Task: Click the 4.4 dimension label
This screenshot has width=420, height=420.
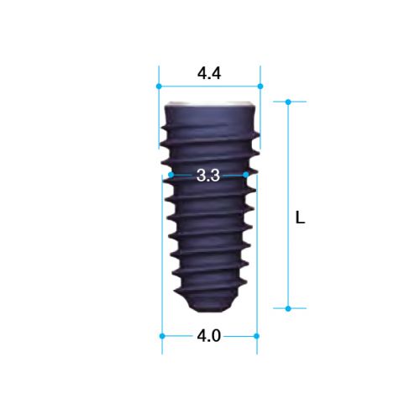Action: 209,73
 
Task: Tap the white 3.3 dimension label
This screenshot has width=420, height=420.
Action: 208,176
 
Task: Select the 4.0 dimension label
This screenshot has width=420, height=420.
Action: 209,336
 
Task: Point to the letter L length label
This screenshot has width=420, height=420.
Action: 300,218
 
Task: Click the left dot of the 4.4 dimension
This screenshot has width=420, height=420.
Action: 159,87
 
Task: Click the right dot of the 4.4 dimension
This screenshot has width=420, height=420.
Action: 260,87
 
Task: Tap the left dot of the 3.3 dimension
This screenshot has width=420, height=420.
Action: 171,175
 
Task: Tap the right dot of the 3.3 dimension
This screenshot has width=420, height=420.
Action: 246,175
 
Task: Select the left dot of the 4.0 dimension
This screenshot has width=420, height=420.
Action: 162,336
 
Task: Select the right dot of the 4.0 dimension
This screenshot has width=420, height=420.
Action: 256,336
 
